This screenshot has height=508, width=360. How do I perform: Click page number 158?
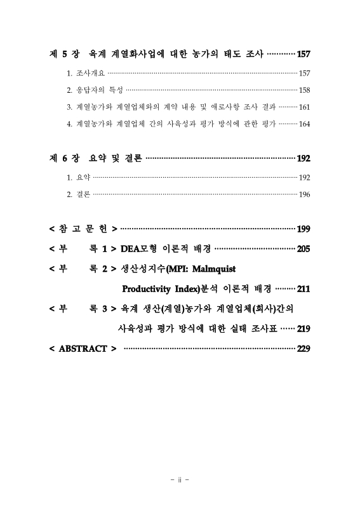(304, 90)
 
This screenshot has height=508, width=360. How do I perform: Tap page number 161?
(304, 107)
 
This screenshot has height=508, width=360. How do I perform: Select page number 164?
(304, 123)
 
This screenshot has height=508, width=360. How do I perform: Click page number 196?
(304, 194)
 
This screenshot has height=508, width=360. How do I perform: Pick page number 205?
(303, 249)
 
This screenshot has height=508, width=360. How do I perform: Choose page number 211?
(303, 290)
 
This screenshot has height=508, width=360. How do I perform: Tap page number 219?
(303, 329)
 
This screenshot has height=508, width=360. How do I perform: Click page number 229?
(303, 349)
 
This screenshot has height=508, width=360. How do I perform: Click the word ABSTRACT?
(83, 349)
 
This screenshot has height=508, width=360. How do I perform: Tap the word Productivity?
(149, 290)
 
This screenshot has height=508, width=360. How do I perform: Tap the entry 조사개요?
(90, 74)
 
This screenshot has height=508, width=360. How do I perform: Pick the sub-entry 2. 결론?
(79, 194)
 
